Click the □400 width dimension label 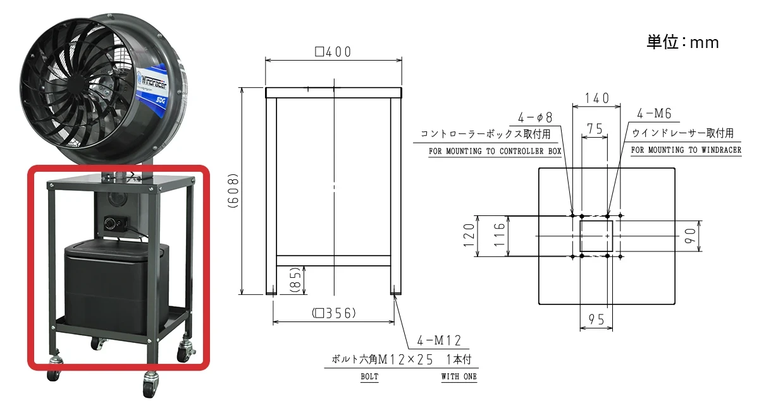[333, 52]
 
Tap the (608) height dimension [233, 191]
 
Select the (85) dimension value [295, 280]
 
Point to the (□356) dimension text [334, 313]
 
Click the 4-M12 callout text [439, 340]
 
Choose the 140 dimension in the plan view [597, 99]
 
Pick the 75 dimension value [595, 129]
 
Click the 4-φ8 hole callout [535, 117]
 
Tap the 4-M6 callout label [654, 114]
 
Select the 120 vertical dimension [469, 235]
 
